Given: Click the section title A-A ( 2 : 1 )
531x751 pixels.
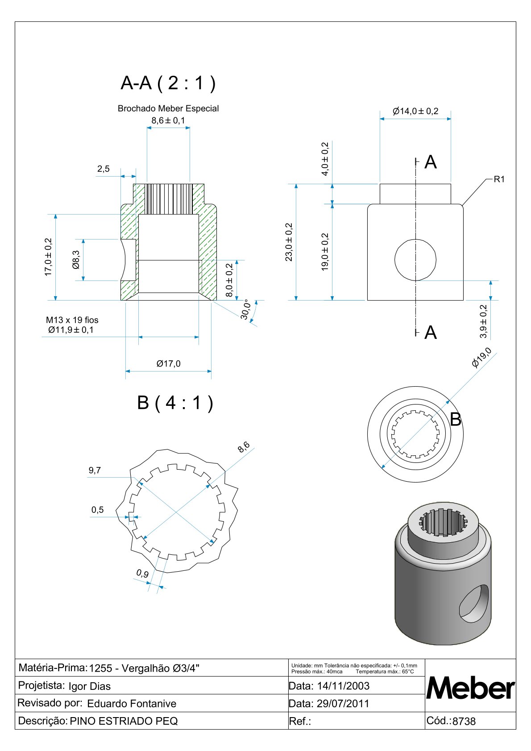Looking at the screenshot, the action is (168, 83).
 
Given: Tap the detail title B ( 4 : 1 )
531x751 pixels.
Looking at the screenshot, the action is (175, 403).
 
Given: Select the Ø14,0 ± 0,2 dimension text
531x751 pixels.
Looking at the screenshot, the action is (415, 111).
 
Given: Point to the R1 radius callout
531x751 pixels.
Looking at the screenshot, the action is (499, 179).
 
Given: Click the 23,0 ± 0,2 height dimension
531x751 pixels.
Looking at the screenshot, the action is (289, 242).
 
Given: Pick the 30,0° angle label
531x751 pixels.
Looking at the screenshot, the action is (245, 309).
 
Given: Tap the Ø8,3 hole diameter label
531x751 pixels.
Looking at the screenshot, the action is (76, 260).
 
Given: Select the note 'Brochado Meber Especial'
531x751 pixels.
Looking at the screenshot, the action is (168, 109).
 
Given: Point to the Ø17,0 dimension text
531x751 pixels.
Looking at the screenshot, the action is (168, 363).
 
